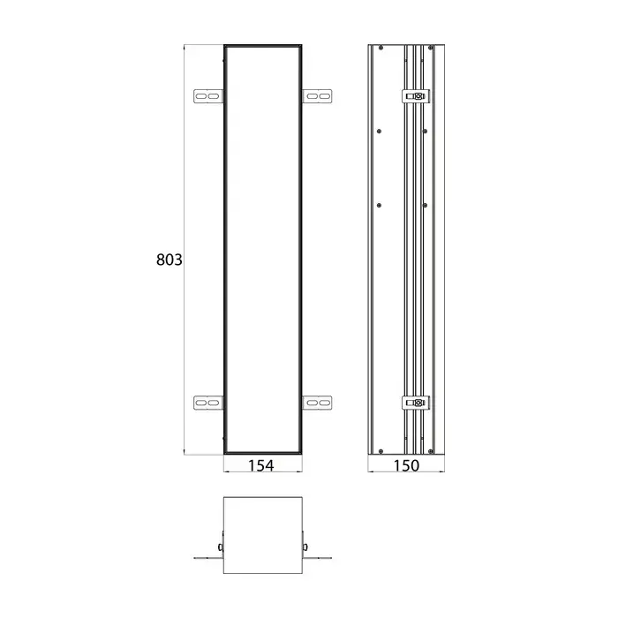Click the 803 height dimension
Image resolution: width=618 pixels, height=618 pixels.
[170, 260]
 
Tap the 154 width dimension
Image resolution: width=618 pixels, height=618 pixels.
[260, 466]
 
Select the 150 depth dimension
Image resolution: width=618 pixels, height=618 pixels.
[406, 466]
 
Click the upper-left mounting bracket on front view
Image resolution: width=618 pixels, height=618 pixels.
[208, 96]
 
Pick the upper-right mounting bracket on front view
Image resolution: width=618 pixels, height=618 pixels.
[317, 96]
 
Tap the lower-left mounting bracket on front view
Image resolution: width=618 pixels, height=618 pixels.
[208, 403]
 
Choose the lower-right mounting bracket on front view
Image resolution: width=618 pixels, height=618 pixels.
[317, 403]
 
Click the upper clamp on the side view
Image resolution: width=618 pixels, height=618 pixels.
[416, 96]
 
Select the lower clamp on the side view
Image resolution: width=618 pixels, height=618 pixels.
[416, 403]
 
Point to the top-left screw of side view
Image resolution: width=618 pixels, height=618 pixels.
[381, 48]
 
